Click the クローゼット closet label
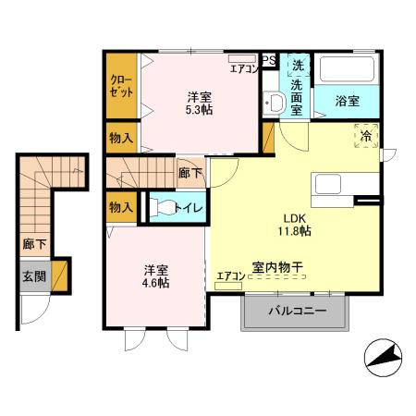pos(120,88)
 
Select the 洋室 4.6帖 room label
pos(155,276)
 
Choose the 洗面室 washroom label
pos(297,91)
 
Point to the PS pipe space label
pos(268,61)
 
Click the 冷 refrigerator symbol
pos(366,136)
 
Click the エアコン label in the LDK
pos(229,275)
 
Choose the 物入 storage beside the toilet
pos(120,207)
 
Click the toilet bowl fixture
pos(165,208)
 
